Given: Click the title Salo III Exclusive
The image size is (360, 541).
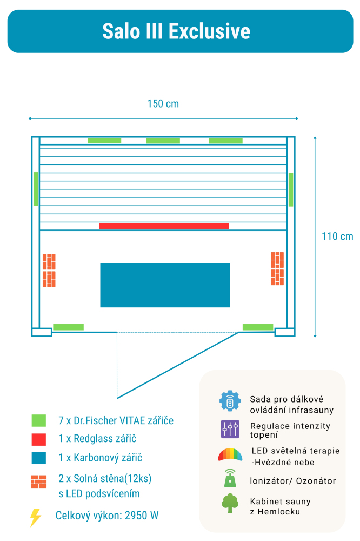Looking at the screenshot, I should (x=176, y=31).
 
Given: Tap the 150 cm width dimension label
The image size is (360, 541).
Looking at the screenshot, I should (x=163, y=104).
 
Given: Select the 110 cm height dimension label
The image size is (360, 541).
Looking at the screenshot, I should (x=337, y=236).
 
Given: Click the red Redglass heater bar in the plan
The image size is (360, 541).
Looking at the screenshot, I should (x=164, y=226).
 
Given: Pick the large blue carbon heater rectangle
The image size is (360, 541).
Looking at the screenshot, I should (x=165, y=285).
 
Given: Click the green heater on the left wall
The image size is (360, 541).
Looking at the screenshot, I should (x=36, y=189).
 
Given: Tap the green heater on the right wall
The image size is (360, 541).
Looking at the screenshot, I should (x=291, y=189).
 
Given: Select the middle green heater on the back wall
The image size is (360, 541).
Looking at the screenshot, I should (x=163, y=141).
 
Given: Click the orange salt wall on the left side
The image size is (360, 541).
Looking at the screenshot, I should (x=49, y=270).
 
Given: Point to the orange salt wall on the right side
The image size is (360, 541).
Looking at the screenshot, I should (x=277, y=268).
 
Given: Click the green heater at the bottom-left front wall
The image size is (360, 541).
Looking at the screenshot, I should (x=68, y=327).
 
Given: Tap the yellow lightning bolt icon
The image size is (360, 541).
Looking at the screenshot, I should (x=35, y=518).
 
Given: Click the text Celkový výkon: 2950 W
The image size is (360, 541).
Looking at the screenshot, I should (x=107, y=516).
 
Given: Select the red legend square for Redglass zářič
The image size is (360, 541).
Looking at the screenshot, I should (x=39, y=439).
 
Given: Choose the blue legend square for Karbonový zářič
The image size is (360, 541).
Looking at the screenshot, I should (x=39, y=458).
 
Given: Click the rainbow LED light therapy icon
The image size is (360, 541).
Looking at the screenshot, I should (x=230, y=454).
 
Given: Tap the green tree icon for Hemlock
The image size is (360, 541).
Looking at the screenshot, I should (x=230, y=503).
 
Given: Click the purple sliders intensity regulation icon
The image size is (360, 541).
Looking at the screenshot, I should (x=230, y=429).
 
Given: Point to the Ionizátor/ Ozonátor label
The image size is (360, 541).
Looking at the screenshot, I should (x=293, y=481).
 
